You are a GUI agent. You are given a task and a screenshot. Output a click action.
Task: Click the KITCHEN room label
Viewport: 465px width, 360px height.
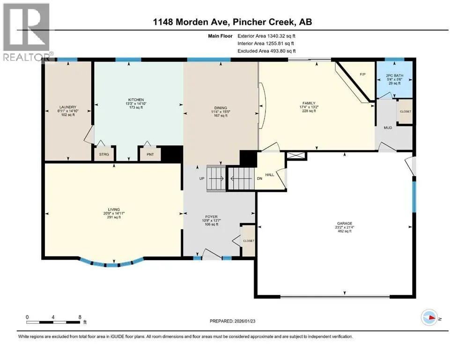[x=136, y=100]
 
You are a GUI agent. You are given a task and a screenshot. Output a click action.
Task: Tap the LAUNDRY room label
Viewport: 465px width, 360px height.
[x=68, y=107]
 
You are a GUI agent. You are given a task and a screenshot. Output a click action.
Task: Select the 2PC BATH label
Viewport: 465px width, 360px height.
[x=394, y=75]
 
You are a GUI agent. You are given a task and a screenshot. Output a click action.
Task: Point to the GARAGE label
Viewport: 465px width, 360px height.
[x=344, y=224]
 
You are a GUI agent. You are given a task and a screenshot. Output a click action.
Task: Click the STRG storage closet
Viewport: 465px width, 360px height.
[x=104, y=154]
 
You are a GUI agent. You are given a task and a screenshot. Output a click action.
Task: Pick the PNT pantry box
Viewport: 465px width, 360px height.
[x=150, y=154]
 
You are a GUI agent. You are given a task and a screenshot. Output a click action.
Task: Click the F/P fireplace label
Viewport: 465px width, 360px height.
[x=362, y=75]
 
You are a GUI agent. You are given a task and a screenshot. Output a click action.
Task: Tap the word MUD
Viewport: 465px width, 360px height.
[x=388, y=127]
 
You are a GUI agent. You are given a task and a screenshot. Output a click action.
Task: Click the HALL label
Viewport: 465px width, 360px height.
[x=270, y=175]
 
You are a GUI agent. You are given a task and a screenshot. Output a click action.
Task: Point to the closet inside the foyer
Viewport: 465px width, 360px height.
[x=249, y=240]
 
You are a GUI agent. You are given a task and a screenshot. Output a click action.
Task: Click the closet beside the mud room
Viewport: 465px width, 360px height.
[x=405, y=111]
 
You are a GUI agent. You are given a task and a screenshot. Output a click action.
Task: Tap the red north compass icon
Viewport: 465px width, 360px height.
[x=429, y=317]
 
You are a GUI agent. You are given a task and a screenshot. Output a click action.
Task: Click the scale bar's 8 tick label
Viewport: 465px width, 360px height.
[x=80, y=317]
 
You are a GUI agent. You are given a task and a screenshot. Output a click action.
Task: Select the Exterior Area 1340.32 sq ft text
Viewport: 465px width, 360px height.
[x=266, y=36]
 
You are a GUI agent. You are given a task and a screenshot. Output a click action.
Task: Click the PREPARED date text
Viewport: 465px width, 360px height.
[x=232, y=321]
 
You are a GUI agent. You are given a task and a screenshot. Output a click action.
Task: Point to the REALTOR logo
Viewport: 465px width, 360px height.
[x=27, y=32]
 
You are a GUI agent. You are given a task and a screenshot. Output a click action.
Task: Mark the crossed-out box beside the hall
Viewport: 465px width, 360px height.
[x=296, y=156]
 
